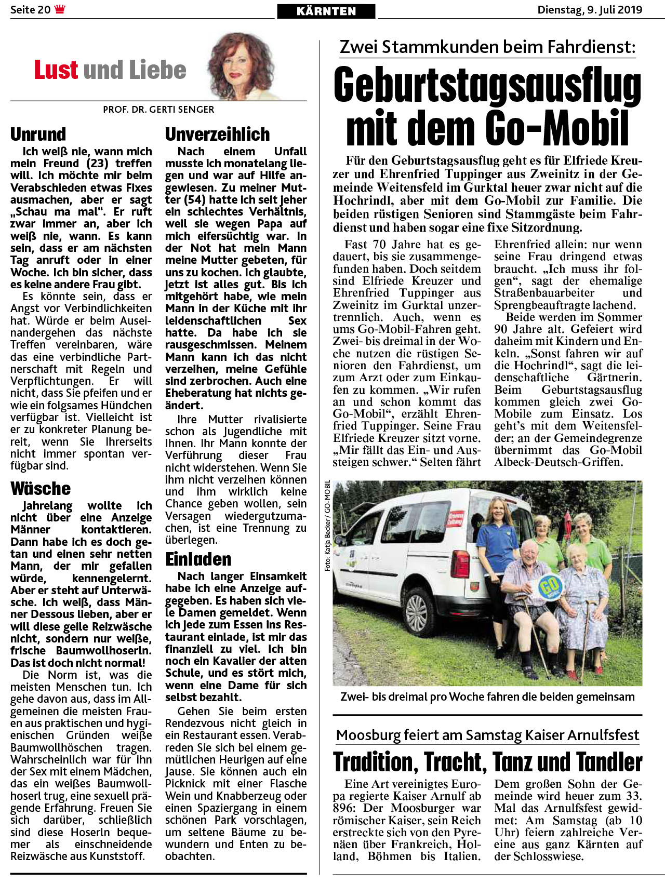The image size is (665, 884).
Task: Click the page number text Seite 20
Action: coord(30,10)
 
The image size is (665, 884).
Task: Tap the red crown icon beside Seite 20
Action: coord(60,9)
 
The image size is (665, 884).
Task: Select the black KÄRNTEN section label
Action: coord(326,11)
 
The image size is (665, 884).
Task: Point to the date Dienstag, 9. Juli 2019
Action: coord(590,10)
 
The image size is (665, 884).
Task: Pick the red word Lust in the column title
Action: coord(56,70)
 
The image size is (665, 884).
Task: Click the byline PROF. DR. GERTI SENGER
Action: coord(158,110)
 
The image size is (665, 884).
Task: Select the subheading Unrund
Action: coord(38,135)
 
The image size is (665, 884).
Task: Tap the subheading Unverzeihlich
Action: coord(217,135)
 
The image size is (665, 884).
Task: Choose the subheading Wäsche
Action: coord(41,489)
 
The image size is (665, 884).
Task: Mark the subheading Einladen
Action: coord(198,559)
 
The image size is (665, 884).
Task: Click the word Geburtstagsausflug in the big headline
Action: coord(487,85)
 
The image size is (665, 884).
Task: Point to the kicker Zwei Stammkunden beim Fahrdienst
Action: coord(487,47)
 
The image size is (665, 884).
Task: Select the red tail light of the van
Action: coord(460,561)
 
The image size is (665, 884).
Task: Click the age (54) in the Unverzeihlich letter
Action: coord(188,200)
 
